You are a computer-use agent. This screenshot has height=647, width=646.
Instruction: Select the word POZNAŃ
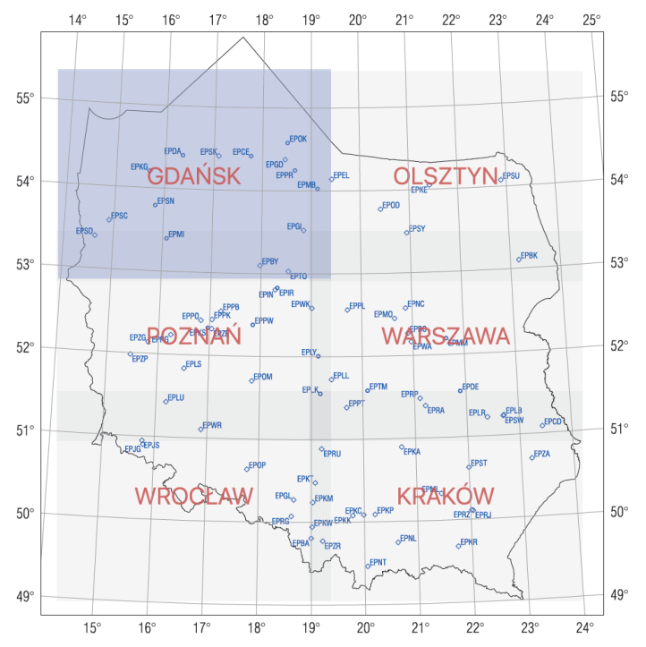click(x=194, y=336)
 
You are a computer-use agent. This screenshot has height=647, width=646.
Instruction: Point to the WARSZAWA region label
click(x=446, y=336)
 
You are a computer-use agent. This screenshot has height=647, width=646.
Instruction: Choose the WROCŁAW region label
click(x=194, y=496)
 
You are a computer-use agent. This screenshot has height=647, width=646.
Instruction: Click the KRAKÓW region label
click(x=446, y=496)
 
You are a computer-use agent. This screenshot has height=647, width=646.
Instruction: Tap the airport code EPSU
click(x=511, y=176)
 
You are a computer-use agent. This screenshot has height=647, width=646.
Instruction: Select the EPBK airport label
click(x=529, y=255)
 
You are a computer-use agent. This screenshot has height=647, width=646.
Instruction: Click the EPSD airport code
click(x=84, y=231)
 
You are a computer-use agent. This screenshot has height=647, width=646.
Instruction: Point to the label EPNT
click(x=378, y=562)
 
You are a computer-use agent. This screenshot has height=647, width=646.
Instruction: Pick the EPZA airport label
click(x=541, y=454)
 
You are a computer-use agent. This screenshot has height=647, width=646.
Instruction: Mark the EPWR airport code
click(x=212, y=425)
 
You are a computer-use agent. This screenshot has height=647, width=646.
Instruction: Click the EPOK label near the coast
click(x=298, y=139)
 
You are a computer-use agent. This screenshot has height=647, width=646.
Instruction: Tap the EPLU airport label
click(x=175, y=397)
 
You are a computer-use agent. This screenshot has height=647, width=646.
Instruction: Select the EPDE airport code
click(x=471, y=386)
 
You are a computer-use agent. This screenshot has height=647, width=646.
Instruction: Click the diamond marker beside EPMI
click(x=166, y=238)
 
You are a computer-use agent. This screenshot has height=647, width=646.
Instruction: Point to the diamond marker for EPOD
click(x=380, y=209)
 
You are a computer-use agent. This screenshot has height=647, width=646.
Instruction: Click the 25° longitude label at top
click(x=591, y=19)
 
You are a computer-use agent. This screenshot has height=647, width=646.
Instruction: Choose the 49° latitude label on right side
click(x=618, y=594)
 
